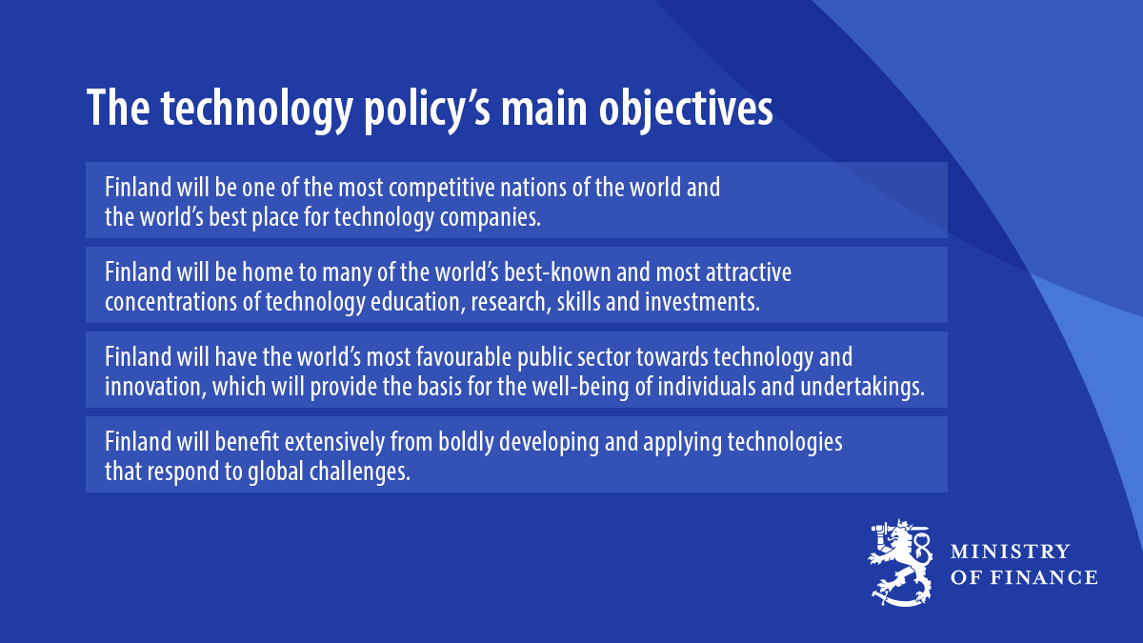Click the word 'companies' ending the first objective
pos(491,218)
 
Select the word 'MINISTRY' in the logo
pos(1011,553)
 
